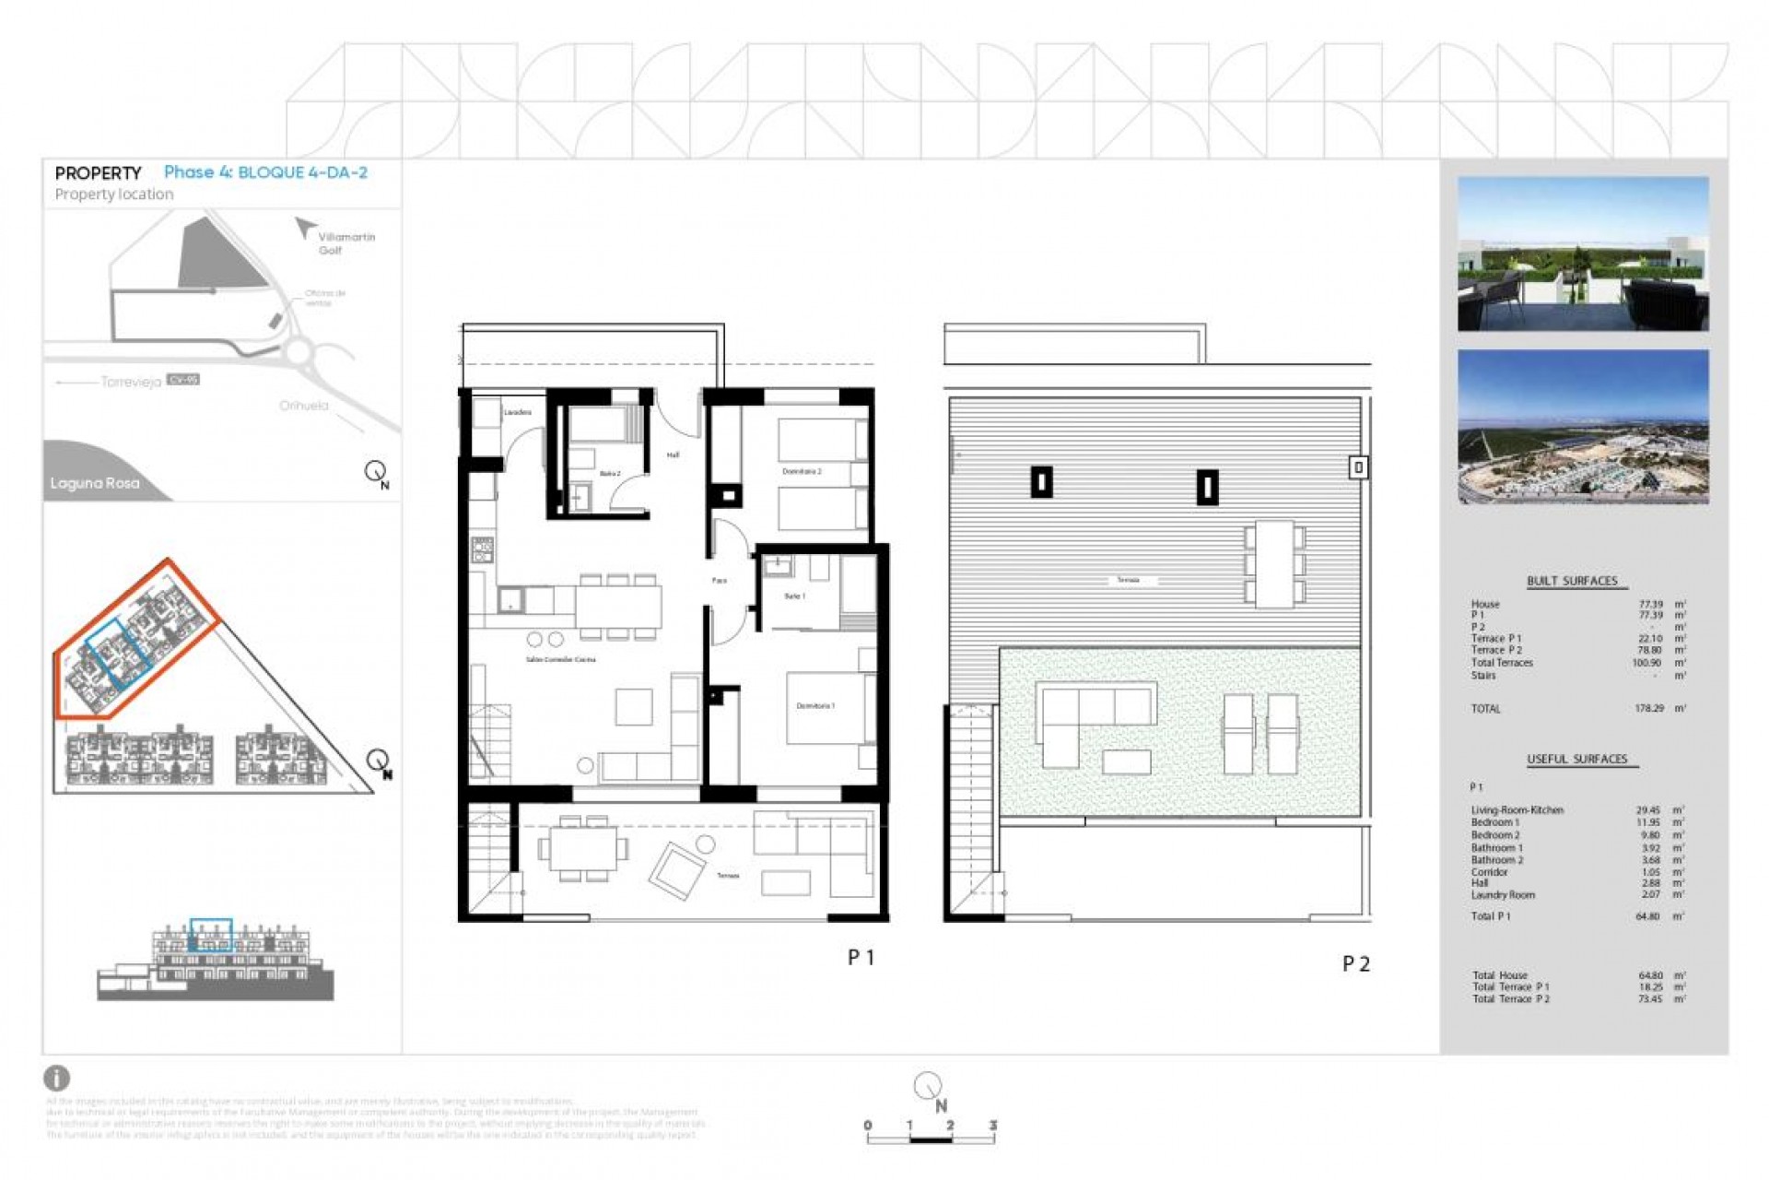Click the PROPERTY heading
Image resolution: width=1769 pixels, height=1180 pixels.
tap(98, 173)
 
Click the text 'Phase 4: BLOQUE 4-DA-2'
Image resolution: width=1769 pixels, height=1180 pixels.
tap(265, 172)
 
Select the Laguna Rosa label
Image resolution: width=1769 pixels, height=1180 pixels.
tap(95, 483)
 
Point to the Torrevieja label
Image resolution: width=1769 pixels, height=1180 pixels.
tap(131, 382)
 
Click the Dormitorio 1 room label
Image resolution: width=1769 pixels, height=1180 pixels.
tap(815, 706)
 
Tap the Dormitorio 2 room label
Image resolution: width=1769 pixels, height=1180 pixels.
tap(802, 471)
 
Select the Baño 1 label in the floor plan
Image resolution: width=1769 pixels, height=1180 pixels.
tap(794, 596)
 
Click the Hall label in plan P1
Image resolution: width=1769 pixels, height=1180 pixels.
tap(673, 455)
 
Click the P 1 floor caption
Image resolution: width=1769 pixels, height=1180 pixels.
tap(861, 958)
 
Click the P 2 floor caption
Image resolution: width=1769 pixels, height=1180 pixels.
tap(1355, 964)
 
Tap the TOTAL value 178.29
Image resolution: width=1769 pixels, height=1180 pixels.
tap(1648, 709)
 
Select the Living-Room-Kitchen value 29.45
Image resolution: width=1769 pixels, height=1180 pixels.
tap(1647, 810)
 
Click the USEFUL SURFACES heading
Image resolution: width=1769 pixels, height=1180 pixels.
tap(1576, 759)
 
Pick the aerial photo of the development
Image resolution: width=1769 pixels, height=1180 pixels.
tap(1582, 427)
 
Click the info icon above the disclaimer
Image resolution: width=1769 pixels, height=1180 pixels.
tap(57, 1078)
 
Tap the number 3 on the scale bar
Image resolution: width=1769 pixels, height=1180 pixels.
tap(992, 1126)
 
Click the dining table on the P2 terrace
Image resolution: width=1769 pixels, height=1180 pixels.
tap(1274, 563)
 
